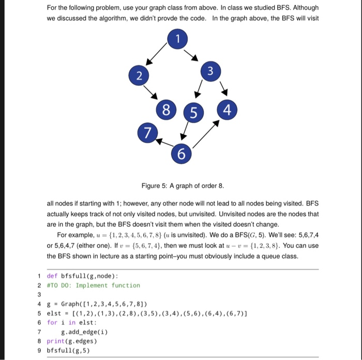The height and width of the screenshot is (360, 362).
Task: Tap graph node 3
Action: (x=209, y=70)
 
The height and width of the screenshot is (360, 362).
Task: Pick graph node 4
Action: (x=228, y=110)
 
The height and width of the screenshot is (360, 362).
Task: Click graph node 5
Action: (x=192, y=112)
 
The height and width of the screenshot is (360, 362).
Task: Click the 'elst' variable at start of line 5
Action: (x=53, y=313)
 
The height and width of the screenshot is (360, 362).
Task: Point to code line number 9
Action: (x=39, y=350)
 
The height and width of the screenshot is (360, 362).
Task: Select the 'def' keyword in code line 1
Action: (x=52, y=276)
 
